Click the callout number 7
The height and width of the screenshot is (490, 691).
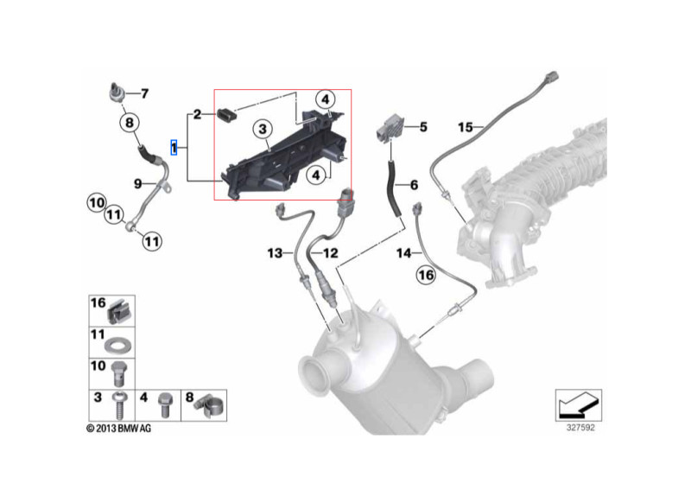coord(144,93)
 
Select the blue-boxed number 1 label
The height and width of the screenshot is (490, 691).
coord(174,147)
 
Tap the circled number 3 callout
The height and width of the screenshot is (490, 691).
coord(263,129)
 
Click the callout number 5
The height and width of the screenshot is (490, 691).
coord(423,127)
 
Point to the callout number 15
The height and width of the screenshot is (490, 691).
coord(466,127)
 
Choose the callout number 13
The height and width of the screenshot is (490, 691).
coord(275,252)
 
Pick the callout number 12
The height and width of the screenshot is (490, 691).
coord(331,252)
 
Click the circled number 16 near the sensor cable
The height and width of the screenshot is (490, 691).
coord(426,275)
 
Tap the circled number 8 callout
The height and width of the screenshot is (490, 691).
coord(129,122)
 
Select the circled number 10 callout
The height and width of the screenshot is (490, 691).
coord(97,203)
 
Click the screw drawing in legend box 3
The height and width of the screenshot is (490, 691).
coord(120,406)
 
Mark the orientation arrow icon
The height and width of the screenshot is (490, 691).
coord(578,405)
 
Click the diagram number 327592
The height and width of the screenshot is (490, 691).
coord(580,428)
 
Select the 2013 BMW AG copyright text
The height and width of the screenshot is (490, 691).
coord(118,429)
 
